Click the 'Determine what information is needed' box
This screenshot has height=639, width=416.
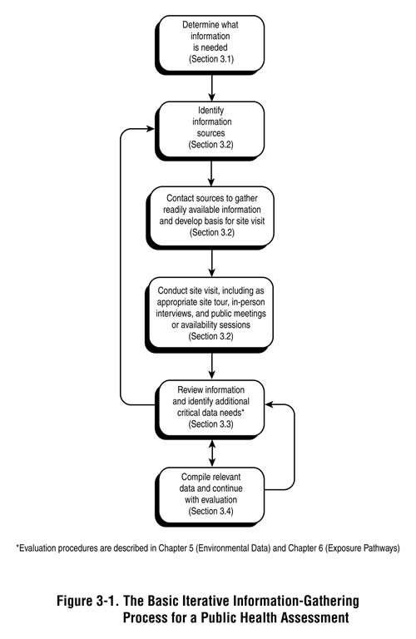pyautogui.click(x=213, y=42)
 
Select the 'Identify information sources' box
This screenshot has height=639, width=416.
pyautogui.click(x=213, y=126)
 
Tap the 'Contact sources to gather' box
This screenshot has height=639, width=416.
pyautogui.click(x=213, y=214)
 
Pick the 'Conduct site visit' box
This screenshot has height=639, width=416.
pyautogui.click(x=213, y=313)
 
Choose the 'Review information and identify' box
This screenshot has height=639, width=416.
pyautogui.click(x=213, y=407)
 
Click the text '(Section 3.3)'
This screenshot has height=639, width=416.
pyautogui.click(x=213, y=424)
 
